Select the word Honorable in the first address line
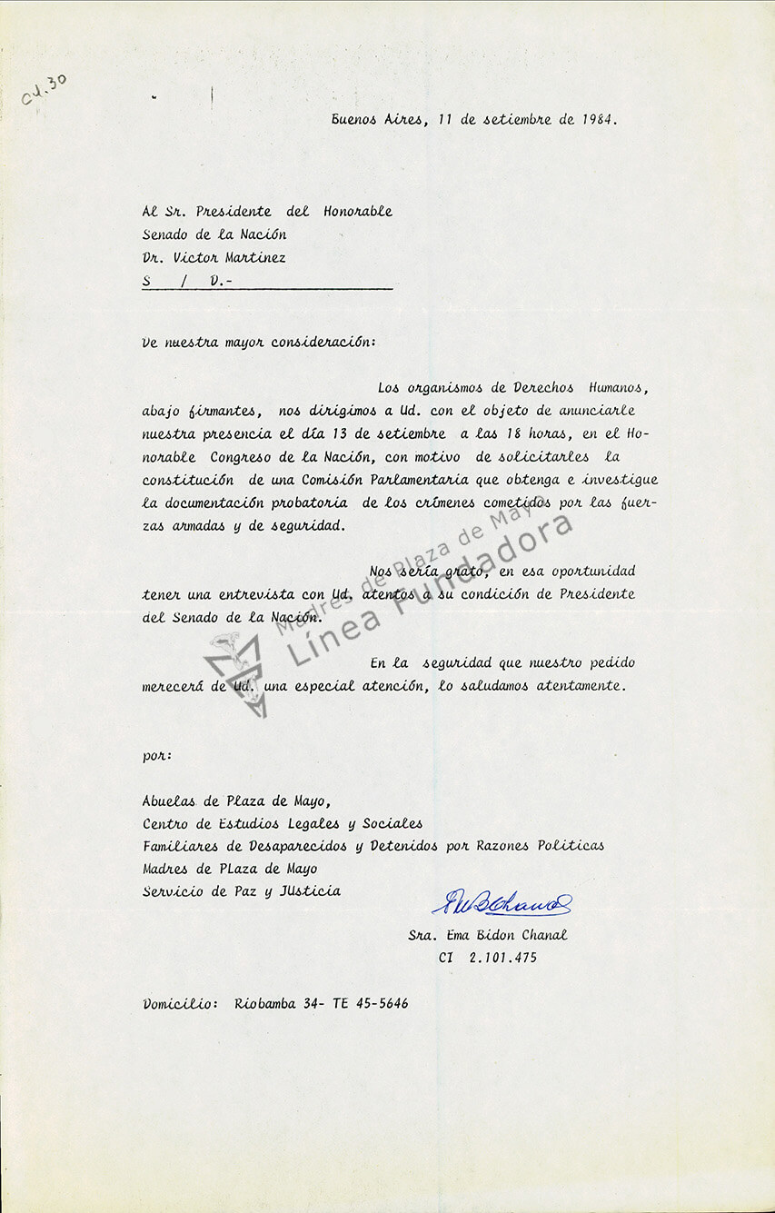(358, 212)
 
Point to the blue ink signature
(502, 902)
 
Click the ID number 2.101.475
(502, 958)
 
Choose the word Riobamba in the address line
(265, 1004)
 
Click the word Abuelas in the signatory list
(169, 801)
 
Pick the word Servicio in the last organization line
(174, 891)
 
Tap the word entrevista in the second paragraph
(256, 594)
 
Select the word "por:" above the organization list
(157, 756)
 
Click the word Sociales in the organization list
(392, 824)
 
